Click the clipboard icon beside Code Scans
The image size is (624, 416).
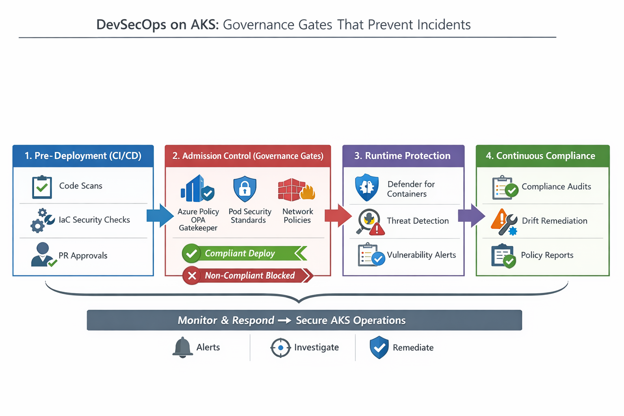(x=42, y=187)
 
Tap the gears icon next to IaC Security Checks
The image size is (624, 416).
(x=42, y=221)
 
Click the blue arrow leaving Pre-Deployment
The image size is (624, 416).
(x=160, y=215)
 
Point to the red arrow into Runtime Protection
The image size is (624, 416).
(x=338, y=215)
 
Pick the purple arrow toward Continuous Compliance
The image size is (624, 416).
(x=471, y=215)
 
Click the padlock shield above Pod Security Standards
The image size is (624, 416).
(x=245, y=188)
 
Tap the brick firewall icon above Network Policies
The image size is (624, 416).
(x=297, y=190)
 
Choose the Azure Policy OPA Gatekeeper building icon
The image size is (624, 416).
(x=197, y=188)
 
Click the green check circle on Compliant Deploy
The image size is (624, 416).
(x=191, y=253)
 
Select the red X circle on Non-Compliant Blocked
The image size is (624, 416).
(x=192, y=275)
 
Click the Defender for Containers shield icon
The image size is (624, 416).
(x=366, y=188)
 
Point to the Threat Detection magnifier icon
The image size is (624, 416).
(x=370, y=222)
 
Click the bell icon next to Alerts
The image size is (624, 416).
(x=182, y=347)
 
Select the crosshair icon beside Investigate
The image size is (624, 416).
(x=281, y=347)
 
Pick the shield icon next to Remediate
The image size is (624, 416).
(x=379, y=347)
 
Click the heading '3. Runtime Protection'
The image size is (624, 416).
(x=402, y=156)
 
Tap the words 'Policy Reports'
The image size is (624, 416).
(x=547, y=255)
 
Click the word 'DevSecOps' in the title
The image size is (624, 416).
(x=132, y=24)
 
